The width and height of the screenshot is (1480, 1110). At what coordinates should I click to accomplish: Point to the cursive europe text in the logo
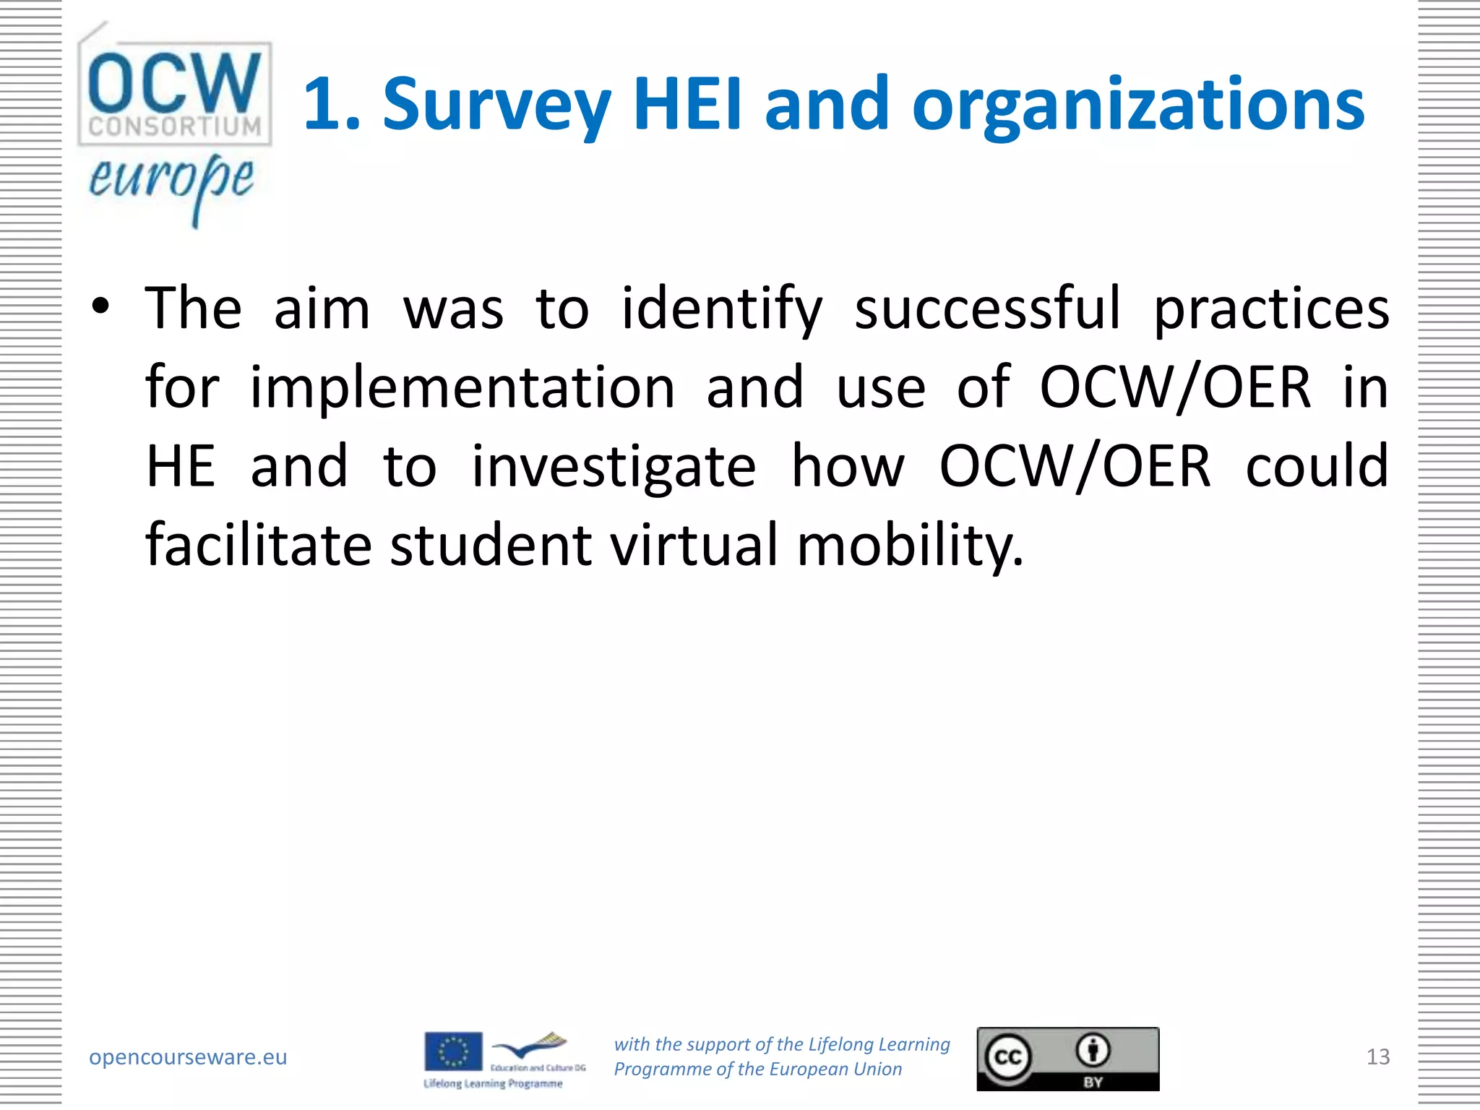point(171,181)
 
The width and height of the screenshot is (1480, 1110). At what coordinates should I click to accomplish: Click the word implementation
point(462,388)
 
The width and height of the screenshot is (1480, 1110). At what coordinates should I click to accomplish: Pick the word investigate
point(614,467)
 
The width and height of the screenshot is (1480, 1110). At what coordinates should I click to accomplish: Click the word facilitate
point(258,544)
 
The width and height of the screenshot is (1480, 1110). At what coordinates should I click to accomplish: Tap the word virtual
point(694,544)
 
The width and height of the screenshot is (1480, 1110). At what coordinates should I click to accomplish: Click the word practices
point(1270,309)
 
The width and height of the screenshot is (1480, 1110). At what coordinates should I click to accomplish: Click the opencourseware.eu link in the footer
point(188,1057)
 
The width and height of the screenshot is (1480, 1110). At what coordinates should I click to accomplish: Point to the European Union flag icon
point(453,1051)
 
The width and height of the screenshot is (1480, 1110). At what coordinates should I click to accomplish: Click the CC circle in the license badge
point(1007,1057)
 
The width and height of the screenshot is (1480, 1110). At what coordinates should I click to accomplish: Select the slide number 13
point(1377,1057)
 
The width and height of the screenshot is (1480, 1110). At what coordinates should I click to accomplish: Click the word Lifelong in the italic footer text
point(840,1044)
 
